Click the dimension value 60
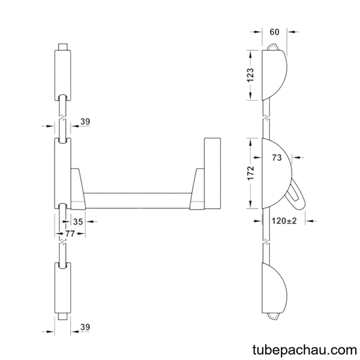(274, 32)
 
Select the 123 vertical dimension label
(250, 75)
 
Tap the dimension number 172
(251, 173)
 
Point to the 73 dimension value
(277, 158)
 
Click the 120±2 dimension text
(284, 221)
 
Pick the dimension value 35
(78, 222)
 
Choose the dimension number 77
(70, 234)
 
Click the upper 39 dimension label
(85, 121)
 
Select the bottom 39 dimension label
(85, 327)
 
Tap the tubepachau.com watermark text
(305, 350)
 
